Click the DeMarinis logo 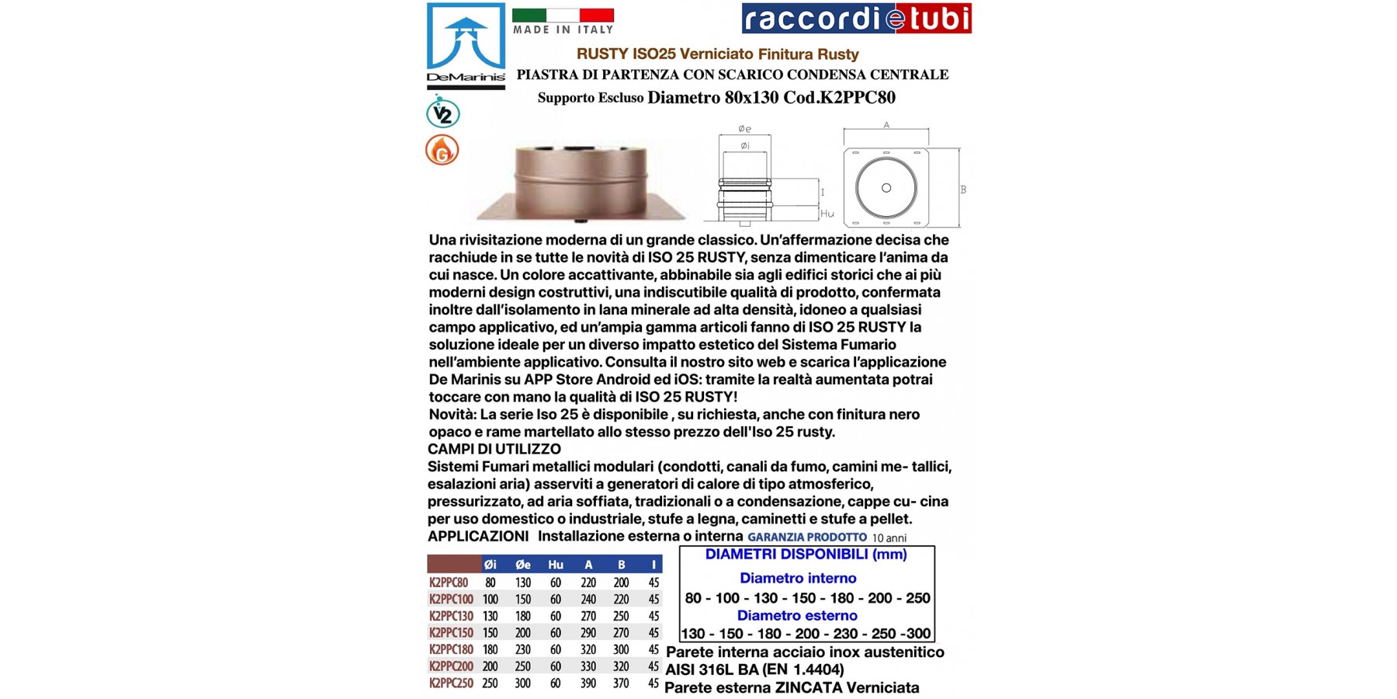click(466, 45)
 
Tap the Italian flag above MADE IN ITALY click(563, 15)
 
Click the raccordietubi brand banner click(856, 19)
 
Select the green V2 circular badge click(442, 113)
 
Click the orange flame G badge click(442, 150)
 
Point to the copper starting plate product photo click(581, 183)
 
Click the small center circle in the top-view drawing click(886, 188)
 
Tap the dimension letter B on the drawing click(963, 190)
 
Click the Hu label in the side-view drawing click(827, 214)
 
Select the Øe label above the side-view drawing click(744, 129)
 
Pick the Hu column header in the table click(556, 565)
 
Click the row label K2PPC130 click(451, 616)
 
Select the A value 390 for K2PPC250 click(588, 683)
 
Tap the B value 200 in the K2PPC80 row click(621, 582)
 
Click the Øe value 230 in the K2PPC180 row click(523, 650)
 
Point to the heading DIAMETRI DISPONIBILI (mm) click(806, 555)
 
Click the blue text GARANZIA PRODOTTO click(806, 537)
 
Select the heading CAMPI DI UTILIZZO click(494, 449)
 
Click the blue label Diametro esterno click(797, 616)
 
